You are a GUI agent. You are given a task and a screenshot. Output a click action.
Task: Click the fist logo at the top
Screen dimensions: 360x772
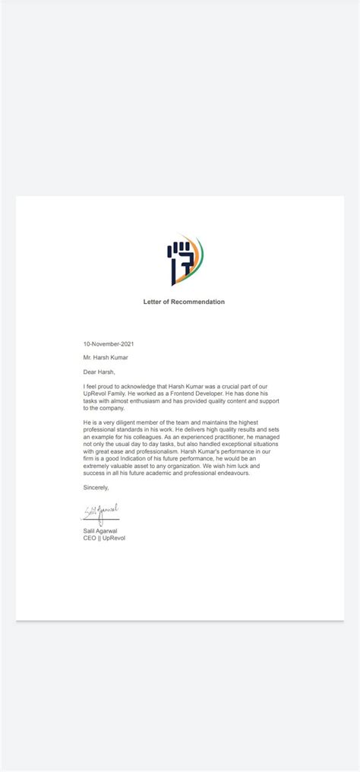pyautogui.click(x=184, y=261)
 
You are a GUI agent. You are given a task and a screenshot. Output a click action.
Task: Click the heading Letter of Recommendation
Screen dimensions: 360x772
pyautogui.click(x=184, y=302)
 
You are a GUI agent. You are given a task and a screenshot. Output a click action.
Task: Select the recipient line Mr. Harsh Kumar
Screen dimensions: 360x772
pyautogui.click(x=107, y=357)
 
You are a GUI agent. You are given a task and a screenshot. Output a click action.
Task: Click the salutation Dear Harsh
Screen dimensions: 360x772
pyautogui.click(x=99, y=372)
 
